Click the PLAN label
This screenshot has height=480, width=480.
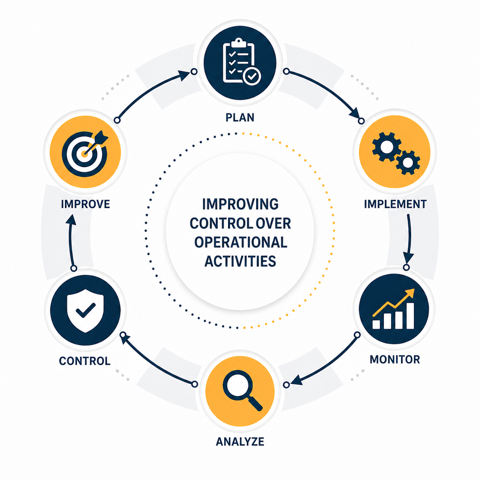pos(240,117)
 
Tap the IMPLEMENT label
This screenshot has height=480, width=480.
pos(395,204)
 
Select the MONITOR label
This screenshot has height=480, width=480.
pos(395,359)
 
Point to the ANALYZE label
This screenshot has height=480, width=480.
pos(240,441)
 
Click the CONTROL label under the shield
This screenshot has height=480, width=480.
pos(85,361)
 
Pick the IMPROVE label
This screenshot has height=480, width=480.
pos(85,204)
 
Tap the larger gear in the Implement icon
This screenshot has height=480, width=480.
pos(387,146)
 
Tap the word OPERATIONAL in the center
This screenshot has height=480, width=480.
pos(240,242)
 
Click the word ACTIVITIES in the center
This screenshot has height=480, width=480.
pos(240,261)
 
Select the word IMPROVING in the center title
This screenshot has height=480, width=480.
pos(240,204)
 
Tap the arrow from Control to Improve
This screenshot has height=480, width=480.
pos(71,241)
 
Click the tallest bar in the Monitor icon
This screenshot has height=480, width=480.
pos(410,316)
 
